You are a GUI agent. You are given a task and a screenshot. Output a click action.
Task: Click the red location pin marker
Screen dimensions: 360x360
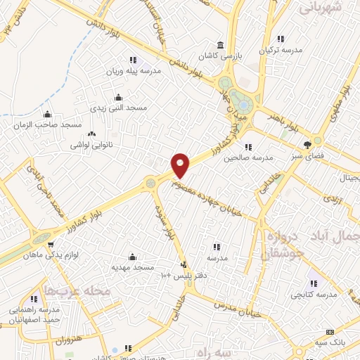(x=181, y=165)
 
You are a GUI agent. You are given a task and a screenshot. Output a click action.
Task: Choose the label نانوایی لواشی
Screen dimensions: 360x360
(x=90, y=145)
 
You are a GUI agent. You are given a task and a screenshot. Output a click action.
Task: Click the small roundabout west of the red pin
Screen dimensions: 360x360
(x=150, y=184)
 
